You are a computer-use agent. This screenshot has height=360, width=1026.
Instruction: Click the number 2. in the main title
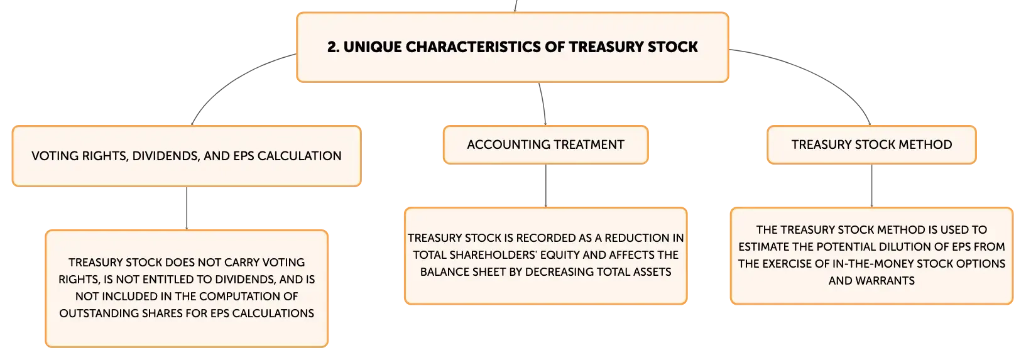pos(334,46)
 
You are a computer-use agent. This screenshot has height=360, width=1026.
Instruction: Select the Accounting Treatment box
pos(545,145)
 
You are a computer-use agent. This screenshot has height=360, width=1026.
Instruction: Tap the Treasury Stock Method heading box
pos(871,145)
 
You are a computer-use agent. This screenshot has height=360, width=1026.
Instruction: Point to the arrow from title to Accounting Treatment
pos(543,104)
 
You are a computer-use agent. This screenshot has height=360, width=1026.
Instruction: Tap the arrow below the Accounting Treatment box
pos(545,185)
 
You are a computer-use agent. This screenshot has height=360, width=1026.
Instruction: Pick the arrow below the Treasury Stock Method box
pos(871,185)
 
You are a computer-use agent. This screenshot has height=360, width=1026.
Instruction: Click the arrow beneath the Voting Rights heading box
pos(187,209)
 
